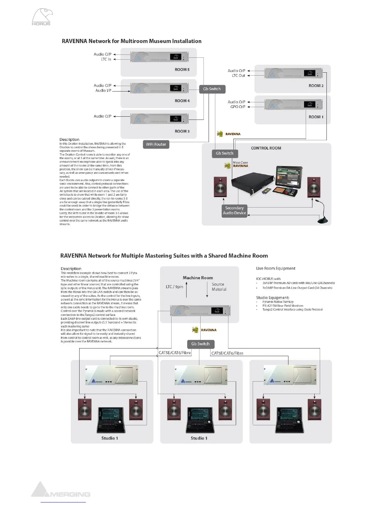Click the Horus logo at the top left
(42, 17)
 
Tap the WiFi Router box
(156, 144)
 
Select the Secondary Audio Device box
(234, 210)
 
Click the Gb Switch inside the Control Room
(225, 153)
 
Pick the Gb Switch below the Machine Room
(200, 344)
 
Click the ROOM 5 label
(182, 70)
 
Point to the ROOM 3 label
(182, 131)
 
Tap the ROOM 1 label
(316, 117)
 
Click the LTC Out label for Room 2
(238, 76)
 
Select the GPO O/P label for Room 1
(238, 107)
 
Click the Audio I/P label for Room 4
(103, 91)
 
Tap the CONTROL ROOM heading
(266, 148)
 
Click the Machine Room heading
(198, 278)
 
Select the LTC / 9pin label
(174, 287)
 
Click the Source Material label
(219, 287)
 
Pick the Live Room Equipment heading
(276, 268)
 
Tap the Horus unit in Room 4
(159, 88)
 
